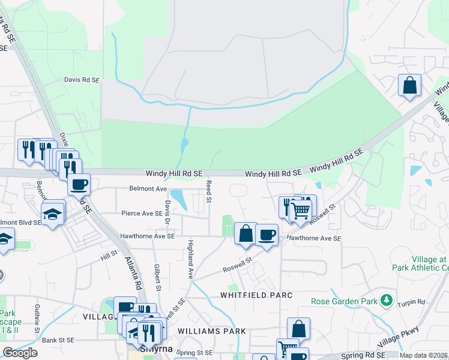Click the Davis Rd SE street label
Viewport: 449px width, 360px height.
(x=82, y=79)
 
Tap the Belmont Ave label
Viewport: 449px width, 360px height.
(x=148, y=188)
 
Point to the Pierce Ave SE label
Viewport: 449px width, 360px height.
(x=142, y=213)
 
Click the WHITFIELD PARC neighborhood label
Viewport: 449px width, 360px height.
(x=256, y=295)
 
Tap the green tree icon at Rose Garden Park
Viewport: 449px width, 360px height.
(x=388, y=299)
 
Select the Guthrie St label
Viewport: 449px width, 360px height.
(x=37, y=317)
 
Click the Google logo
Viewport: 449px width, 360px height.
(x=20, y=353)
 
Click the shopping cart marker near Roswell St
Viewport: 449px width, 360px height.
(x=300, y=211)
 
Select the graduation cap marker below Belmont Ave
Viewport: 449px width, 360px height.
(x=53, y=212)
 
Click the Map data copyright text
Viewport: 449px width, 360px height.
(x=423, y=355)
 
